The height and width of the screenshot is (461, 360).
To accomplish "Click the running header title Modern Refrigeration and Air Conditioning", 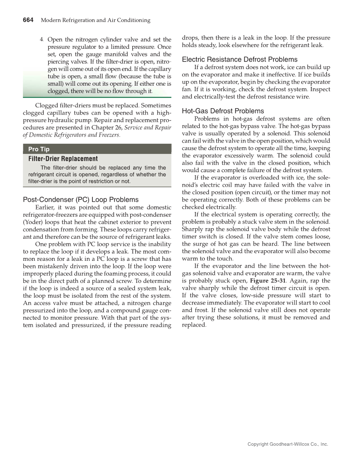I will (95, 20).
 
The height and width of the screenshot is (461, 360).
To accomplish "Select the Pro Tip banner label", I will (39, 149).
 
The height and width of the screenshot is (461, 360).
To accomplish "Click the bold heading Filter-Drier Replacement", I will (63, 159).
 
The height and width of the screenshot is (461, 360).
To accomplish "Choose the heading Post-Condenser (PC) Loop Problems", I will (81, 199).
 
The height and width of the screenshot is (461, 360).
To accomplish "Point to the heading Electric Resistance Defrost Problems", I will (240, 59).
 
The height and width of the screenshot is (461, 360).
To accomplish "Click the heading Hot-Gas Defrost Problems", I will (223, 111).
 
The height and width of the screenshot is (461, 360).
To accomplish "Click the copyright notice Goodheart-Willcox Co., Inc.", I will (288, 444).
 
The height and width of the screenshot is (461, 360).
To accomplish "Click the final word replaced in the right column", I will (194, 325).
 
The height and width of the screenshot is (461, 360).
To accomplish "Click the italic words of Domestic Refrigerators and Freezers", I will (71, 135).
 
